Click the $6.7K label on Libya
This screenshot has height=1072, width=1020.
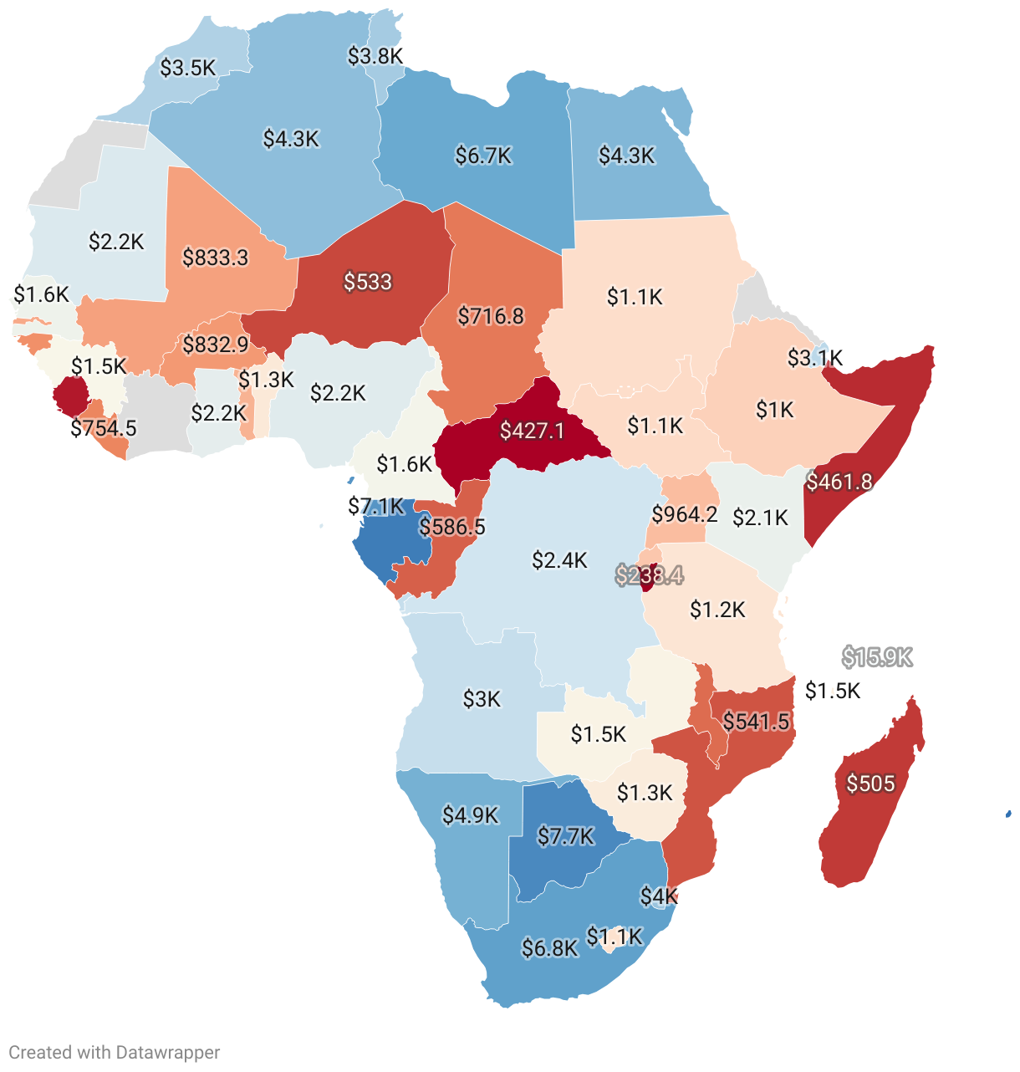483,156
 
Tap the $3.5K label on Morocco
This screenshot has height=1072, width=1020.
188,68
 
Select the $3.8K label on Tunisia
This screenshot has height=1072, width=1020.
375,56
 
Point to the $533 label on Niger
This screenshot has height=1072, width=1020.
368,282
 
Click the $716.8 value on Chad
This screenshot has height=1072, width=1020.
491,316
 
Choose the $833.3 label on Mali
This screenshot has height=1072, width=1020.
216,257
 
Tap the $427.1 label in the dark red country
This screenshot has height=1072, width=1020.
532,431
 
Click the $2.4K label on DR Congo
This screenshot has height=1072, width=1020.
559,559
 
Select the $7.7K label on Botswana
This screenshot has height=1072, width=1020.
565,836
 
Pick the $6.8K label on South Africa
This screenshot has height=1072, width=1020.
549,948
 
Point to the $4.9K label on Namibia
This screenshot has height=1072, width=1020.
471,814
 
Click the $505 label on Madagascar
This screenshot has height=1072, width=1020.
870,784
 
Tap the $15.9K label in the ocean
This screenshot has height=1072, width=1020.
876,657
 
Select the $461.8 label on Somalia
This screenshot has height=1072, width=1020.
839,482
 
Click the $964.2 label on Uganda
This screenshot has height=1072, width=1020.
685,513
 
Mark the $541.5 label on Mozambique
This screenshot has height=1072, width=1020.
756,721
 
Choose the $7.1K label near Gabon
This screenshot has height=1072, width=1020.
375,506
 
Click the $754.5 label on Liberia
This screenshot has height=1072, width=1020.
104,428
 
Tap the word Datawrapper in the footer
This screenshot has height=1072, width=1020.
168,1053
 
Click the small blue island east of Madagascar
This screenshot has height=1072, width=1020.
1008,814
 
